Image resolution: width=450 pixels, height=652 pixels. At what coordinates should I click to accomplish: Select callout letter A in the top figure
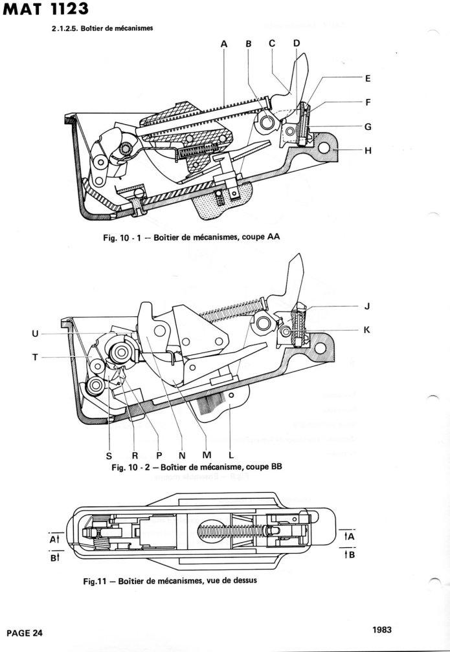224,43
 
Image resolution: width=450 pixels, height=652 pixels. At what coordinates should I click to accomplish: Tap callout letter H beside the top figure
367,151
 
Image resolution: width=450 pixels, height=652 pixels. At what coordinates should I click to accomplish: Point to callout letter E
367,78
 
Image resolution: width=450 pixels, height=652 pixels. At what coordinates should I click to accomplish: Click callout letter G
367,127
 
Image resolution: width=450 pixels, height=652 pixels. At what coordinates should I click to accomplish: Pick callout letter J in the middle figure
366,306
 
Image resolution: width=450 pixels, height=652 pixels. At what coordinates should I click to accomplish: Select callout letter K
366,329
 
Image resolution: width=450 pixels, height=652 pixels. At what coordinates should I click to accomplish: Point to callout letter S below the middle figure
109,455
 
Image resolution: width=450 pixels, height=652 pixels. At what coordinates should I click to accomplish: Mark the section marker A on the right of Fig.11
348,537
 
